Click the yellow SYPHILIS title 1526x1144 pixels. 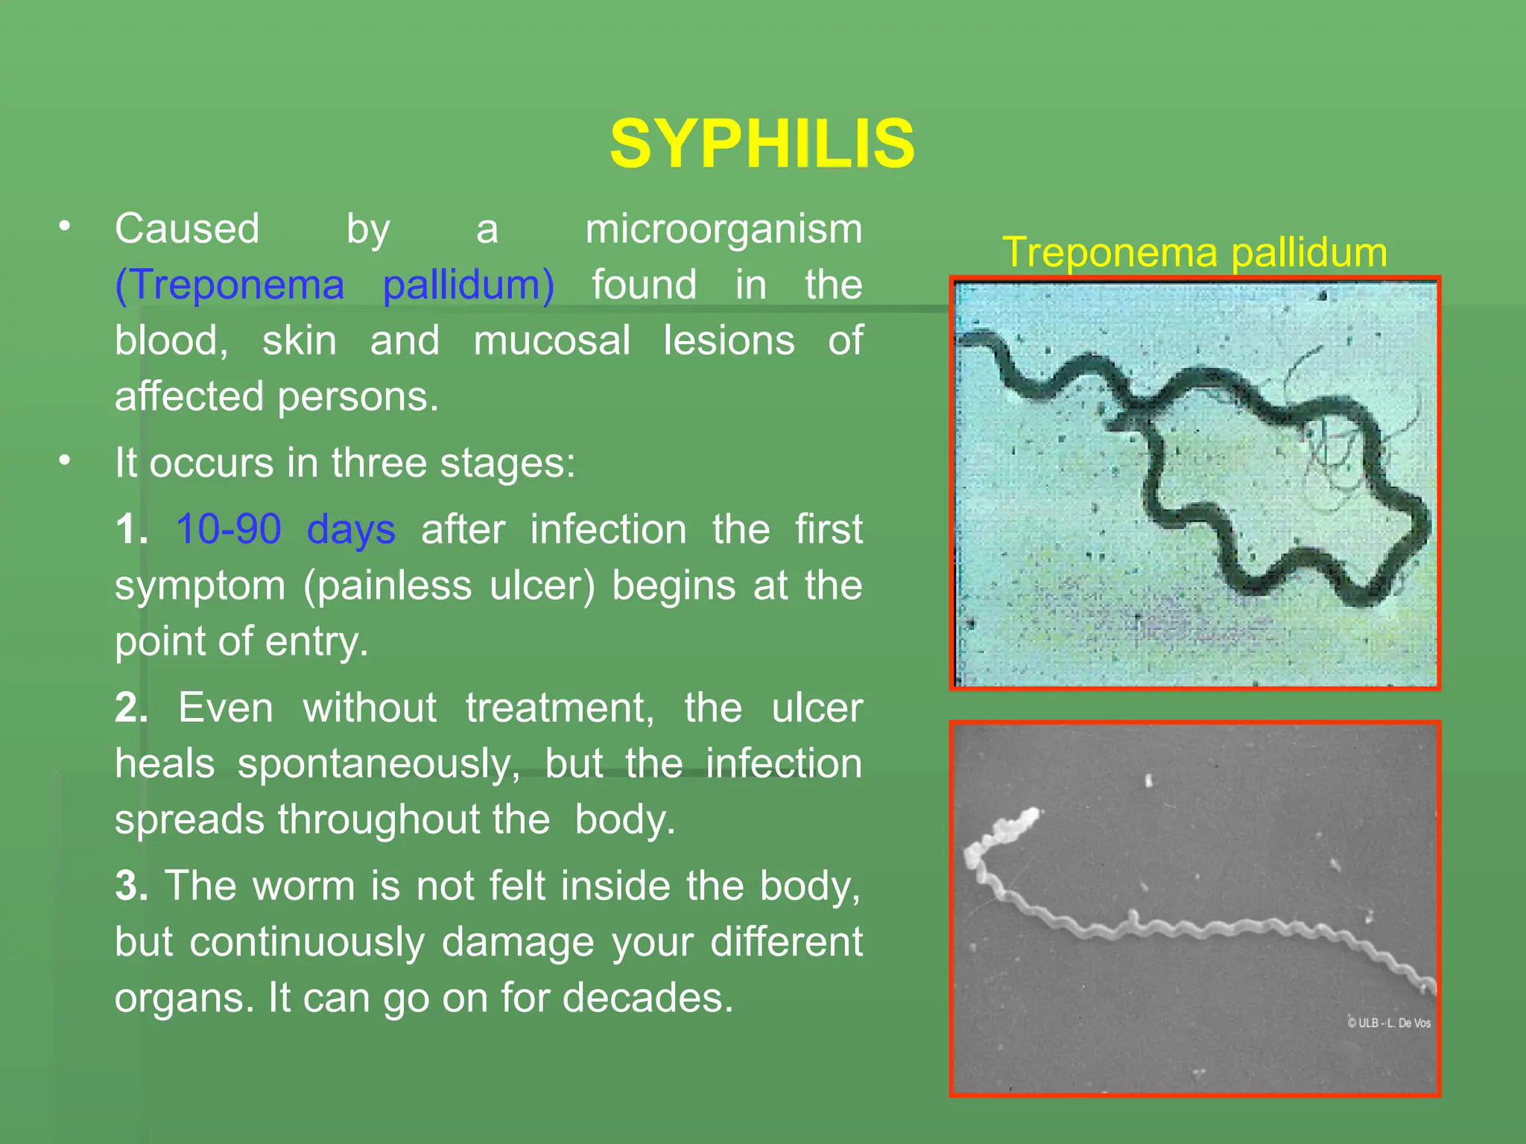(x=762, y=144)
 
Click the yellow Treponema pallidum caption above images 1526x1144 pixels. (x=1194, y=252)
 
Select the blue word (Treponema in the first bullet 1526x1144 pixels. (x=229, y=285)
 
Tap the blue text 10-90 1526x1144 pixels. (x=228, y=530)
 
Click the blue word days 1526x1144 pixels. (x=351, y=530)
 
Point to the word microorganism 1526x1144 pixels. (x=723, y=229)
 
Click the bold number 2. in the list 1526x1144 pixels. (x=131, y=708)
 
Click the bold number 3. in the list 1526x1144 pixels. (x=131, y=886)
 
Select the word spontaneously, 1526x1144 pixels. (x=379, y=764)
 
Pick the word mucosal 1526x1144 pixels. (x=551, y=341)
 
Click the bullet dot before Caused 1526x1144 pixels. (x=66, y=226)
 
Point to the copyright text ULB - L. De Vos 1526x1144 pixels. (x=1389, y=1023)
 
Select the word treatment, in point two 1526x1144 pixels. (x=560, y=708)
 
